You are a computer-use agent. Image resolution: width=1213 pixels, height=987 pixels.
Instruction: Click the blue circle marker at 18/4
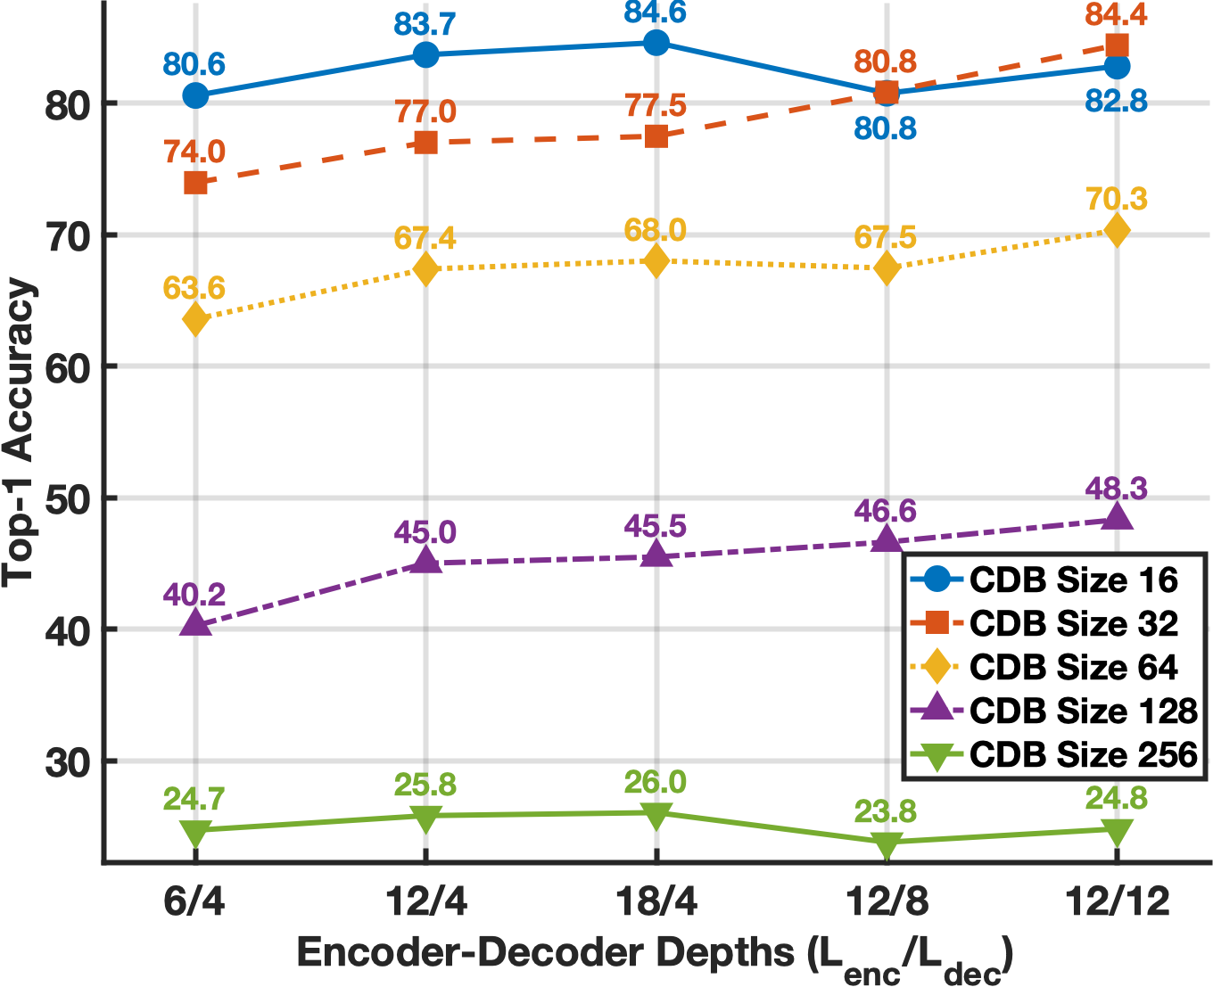(x=656, y=43)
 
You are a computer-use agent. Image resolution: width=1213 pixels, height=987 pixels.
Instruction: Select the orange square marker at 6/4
(x=195, y=183)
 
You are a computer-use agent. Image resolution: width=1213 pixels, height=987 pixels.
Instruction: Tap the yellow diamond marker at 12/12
(x=1117, y=231)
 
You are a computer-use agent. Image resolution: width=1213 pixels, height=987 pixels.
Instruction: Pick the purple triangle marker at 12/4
(x=426, y=561)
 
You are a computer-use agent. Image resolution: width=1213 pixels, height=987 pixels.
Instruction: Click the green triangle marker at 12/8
(x=887, y=843)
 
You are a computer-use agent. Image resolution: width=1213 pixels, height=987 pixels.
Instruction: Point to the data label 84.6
(x=656, y=13)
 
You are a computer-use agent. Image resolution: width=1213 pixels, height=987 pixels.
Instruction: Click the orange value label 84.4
(x=1117, y=15)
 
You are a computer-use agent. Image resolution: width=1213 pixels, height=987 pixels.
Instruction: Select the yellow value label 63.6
(x=194, y=289)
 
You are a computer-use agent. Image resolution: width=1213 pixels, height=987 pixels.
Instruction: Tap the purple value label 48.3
(x=1117, y=489)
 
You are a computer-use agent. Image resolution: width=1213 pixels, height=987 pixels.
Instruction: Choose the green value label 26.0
(x=656, y=782)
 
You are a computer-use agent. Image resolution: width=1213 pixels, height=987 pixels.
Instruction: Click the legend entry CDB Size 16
(x=1074, y=580)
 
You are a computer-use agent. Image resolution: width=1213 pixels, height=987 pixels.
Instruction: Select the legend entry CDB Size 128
(x=1083, y=711)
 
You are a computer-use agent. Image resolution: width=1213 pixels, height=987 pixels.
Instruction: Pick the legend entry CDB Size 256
(x=1083, y=754)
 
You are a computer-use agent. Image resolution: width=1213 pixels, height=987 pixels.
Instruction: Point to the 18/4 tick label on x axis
(x=656, y=902)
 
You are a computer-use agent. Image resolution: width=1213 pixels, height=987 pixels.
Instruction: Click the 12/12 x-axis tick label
(x=1118, y=902)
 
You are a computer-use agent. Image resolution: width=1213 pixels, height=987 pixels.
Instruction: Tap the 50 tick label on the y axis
(x=68, y=498)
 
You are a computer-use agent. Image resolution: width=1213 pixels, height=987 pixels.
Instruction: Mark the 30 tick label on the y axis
(x=68, y=761)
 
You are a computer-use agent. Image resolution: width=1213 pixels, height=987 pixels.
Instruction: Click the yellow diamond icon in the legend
(x=937, y=667)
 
